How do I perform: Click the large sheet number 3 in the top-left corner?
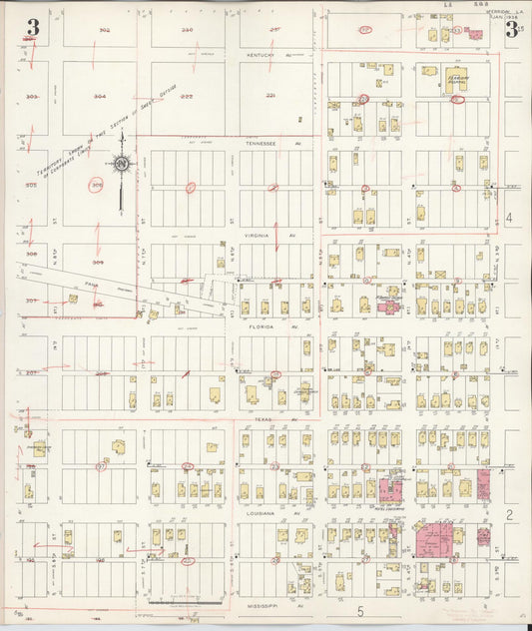(x=33, y=28)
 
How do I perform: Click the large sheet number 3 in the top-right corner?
(x=511, y=29)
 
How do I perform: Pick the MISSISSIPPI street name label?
(x=264, y=604)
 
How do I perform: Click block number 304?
(x=99, y=98)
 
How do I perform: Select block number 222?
(x=187, y=97)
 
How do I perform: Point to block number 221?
(x=269, y=96)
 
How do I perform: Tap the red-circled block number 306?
(x=97, y=185)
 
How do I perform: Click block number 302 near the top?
(x=104, y=31)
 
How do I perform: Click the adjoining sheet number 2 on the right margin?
(x=509, y=514)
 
